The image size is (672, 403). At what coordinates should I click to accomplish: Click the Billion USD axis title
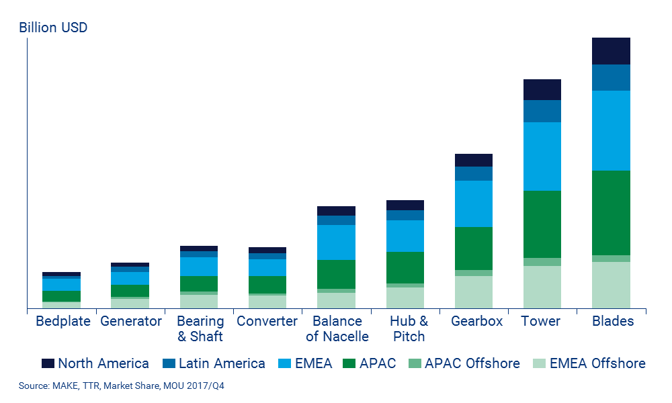click(x=53, y=28)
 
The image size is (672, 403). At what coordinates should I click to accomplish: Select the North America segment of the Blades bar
click(x=611, y=51)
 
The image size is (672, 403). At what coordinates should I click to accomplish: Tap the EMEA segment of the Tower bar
click(x=542, y=156)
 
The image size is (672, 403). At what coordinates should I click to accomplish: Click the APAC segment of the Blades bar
click(x=611, y=212)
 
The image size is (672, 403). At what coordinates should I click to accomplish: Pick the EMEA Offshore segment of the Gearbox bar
click(x=473, y=292)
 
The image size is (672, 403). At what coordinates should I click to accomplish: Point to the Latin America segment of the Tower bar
click(x=542, y=111)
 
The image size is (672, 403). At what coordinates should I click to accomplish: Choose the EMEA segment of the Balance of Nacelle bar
click(x=336, y=242)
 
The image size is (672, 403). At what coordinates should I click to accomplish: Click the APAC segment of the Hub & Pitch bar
click(x=405, y=267)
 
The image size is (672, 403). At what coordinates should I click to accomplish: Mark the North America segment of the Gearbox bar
click(x=473, y=160)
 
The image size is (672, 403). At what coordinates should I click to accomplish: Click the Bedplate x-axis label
click(x=62, y=321)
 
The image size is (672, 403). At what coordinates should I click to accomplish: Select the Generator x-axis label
click(x=131, y=321)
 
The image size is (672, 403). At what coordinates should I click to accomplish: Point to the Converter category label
click(x=267, y=321)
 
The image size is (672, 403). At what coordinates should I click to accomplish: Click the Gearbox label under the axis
click(x=476, y=321)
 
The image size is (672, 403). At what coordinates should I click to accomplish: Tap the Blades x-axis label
click(x=612, y=321)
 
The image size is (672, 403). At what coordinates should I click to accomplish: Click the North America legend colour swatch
click(x=48, y=363)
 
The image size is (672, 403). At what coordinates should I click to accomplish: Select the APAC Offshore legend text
click(x=472, y=363)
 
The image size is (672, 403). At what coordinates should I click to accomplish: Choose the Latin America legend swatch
click(x=169, y=363)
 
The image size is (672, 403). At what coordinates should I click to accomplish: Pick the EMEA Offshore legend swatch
click(x=540, y=363)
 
